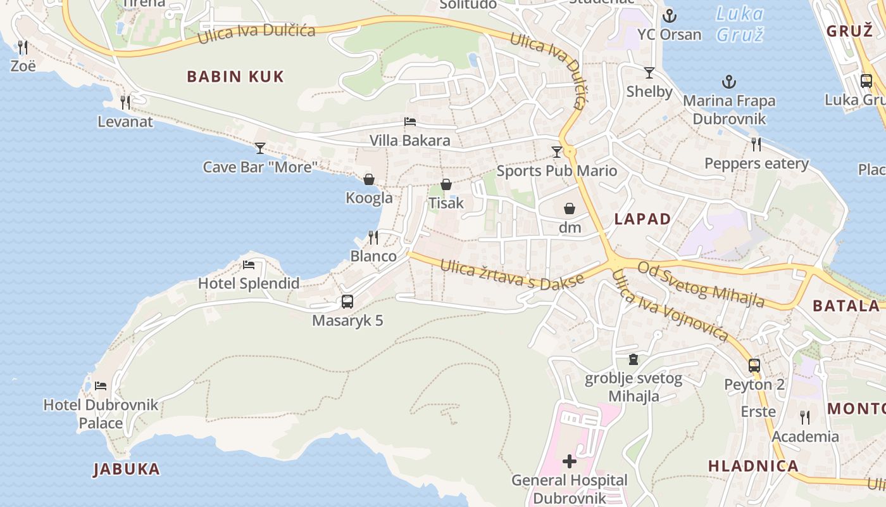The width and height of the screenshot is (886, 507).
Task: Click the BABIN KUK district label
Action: pyautogui.click(x=235, y=77)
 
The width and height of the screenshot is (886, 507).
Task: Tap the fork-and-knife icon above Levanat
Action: pyautogui.click(x=125, y=102)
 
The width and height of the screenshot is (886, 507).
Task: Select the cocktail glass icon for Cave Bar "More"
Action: pyautogui.click(x=260, y=148)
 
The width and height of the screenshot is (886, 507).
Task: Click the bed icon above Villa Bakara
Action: pyautogui.click(x=410, y=122)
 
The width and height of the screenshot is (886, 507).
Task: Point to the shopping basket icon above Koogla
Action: pyautogui.click(x=369, y=179)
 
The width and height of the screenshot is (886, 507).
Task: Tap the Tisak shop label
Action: pyautogui.click(x=446, y=203)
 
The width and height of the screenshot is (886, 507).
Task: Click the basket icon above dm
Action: pyautogui.click(x=570, y=209)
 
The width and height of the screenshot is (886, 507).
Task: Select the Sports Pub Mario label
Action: pyautogui.click(x=557, y=170)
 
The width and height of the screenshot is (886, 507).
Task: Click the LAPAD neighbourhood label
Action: pyautogui.click(x=642, y=219)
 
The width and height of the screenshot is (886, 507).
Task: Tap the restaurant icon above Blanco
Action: pyautogui.click(x=373, y=238)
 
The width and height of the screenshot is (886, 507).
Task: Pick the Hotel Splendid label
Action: pyautogui.click(x=249, y=283)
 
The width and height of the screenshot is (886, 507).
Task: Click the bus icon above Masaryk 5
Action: pyautogui.click(x=347, y=302)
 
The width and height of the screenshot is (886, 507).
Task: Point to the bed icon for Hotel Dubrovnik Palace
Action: pyautogui.click(x=101, y=385)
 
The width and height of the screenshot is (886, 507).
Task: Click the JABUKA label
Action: pyautogui.click(x=127, y=470)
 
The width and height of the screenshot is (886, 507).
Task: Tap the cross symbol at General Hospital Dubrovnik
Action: pyautogui.click(x=570, y=461)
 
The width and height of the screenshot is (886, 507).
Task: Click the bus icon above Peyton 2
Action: pyautogui.click(x=754, y=366)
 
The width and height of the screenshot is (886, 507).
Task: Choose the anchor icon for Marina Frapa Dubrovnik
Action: pyautogui.click(x=729, y=82)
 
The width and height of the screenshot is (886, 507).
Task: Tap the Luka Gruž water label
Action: pyautogui.click(x=739, y=23)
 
